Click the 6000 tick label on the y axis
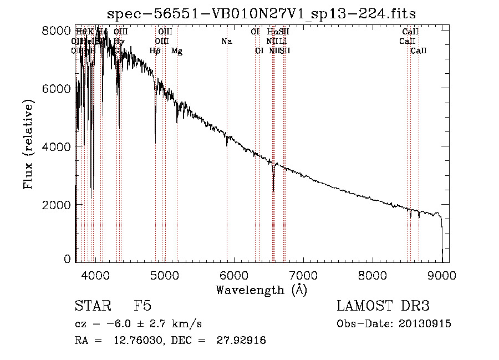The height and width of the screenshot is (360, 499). click(56, 89)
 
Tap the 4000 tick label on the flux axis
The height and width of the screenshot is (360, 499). click(56, 146)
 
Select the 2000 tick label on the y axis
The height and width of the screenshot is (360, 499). click(56, 205)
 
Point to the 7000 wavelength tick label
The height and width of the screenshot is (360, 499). click(303, 275)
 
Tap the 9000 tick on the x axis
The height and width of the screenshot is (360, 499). click(442, 275)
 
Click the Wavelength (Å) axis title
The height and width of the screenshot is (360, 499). click(261, 290)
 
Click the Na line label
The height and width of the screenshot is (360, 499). click(226, 41)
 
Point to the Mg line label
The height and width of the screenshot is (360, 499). click(177, 51)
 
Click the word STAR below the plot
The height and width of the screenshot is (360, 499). click(92, 306)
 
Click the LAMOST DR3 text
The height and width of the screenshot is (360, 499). click(383, 306)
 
